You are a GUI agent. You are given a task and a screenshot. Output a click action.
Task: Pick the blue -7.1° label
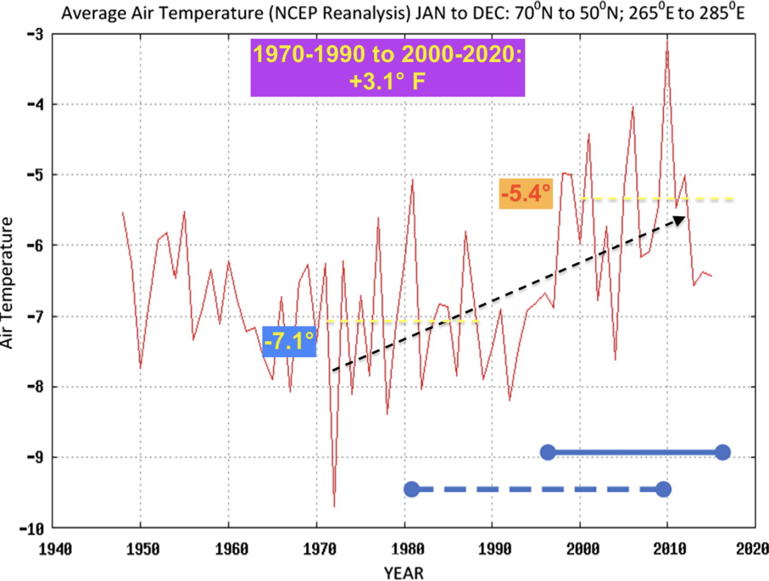click(x=290, y=341)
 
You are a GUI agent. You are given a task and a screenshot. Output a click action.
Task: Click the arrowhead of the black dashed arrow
click(x=681, y=219)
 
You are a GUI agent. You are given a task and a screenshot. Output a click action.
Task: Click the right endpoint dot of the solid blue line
click(x=722, y=452)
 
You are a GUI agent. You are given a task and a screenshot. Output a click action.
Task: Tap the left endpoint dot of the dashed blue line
click(x=411, y=489)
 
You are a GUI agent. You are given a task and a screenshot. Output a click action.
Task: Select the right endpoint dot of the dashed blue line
click(x=663, y=489)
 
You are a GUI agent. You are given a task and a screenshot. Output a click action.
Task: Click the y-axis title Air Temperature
click(x=8, y=283)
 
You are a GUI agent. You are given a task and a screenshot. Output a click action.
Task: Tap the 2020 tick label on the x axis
click(x=752, y=550)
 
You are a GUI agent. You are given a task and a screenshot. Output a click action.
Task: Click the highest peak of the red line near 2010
click(x=667, y=41)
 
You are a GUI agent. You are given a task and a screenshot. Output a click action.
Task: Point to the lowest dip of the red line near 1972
click(x=335, y=507)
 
